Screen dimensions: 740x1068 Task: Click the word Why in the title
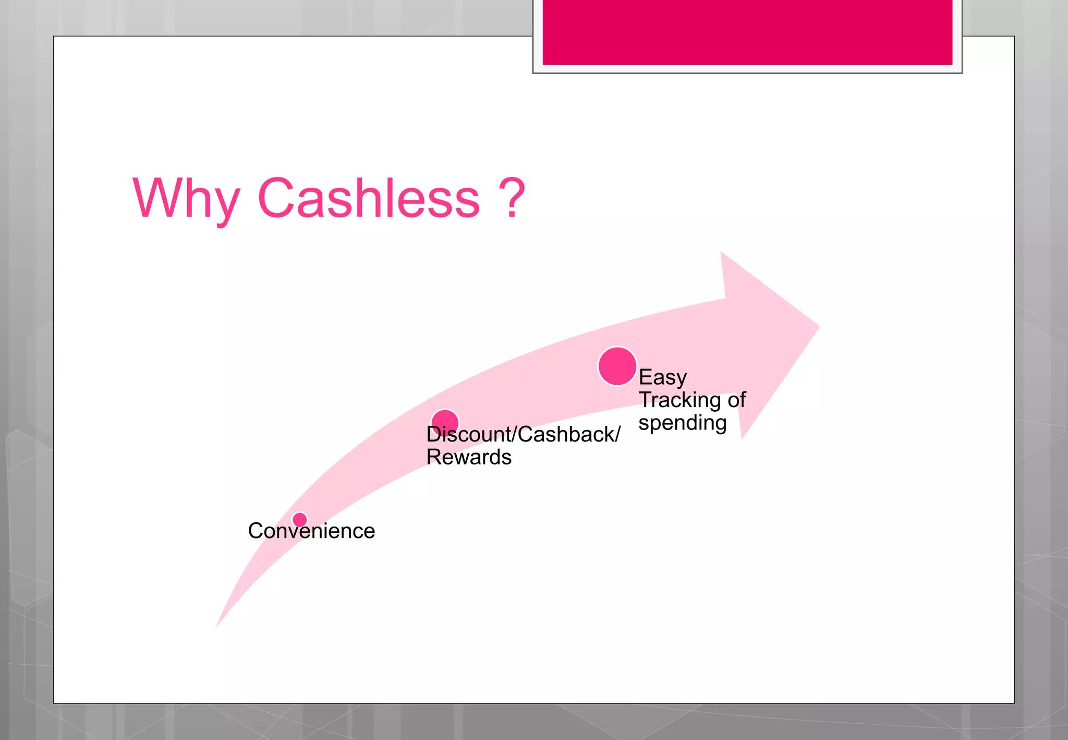(x=186, y=199)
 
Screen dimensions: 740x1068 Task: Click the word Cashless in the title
(x=368, y=198)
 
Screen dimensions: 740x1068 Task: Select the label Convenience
(x=311, y=531)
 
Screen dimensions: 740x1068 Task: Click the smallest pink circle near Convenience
(x=300, y=520)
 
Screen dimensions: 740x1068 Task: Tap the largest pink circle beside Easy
(x=617, y=366)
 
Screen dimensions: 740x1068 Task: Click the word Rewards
(x=468, y=457)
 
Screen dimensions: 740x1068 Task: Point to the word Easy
(x=662, y=377)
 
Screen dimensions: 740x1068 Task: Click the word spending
(x=682, y=423)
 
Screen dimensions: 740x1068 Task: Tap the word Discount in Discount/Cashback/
(x=469, y=434)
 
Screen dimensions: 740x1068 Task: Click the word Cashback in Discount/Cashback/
(x=566, y=434)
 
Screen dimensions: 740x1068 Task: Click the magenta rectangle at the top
(x=747, y=32)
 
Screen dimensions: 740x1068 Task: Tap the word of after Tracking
(x=737, y=400)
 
